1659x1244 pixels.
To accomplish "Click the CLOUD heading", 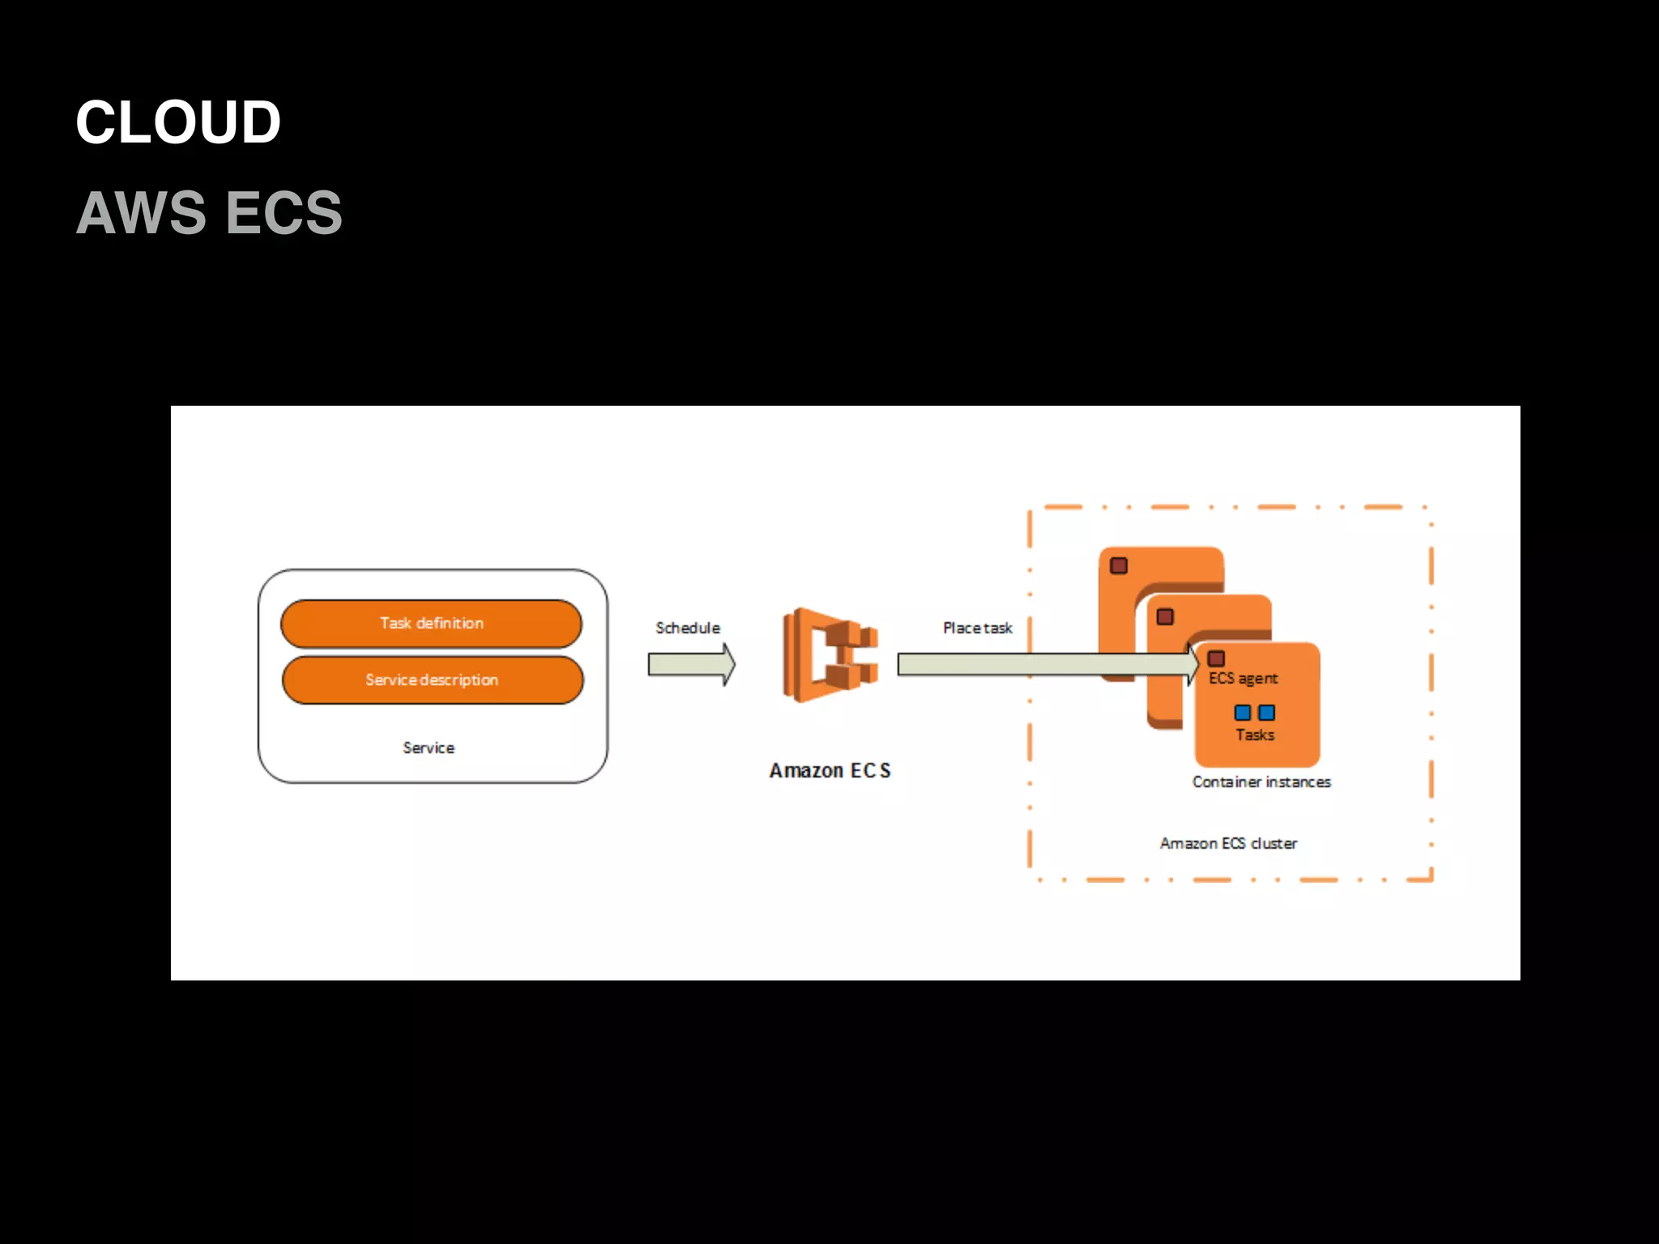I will [178, 122].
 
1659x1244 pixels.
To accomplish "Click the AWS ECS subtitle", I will [209, 213].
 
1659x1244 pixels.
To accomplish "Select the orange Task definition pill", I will [431, 624].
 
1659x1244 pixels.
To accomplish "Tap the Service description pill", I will [432, 680].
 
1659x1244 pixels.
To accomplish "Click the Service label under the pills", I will [429, 748].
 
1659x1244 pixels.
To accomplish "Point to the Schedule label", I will [687, 628].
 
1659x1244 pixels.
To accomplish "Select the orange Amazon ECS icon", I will [829, 655].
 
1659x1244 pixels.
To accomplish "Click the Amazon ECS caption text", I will [829, 771].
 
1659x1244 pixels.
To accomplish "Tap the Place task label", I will [977, 628].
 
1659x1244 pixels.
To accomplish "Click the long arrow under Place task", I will [1045, 665].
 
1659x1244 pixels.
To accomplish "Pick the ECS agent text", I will [1243, 679].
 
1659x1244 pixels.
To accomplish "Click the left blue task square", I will [1243, 713].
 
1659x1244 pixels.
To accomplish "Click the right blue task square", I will [1267, 713].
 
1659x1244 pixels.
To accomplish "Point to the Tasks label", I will [1255, 735].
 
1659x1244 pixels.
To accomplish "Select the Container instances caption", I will [1261, 782].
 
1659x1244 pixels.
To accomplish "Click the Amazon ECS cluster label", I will [1228, 844].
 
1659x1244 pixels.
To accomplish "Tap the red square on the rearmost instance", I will [1119, 565].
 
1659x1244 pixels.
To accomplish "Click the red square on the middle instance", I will [1165, 617].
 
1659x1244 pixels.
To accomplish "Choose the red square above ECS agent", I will [1216, 658].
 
